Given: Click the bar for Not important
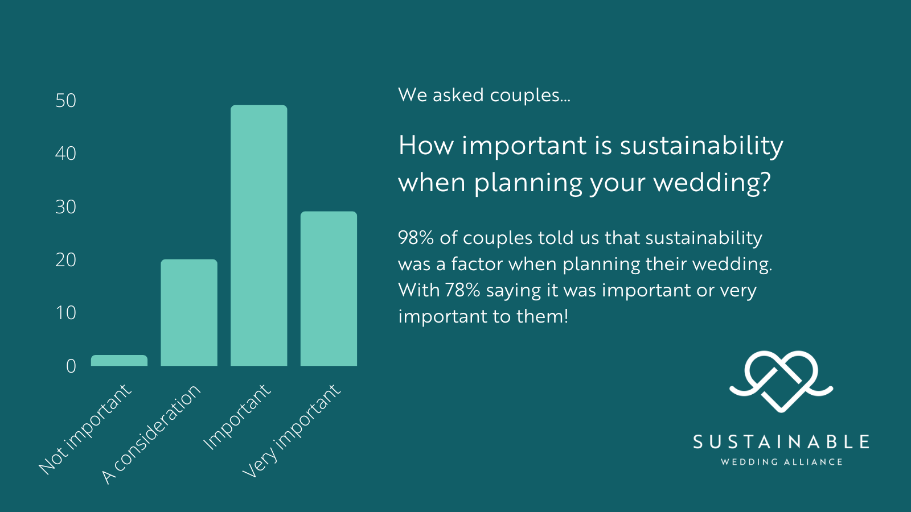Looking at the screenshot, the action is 119,361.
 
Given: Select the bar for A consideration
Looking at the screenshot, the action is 189,312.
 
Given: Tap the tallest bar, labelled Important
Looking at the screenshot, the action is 259,236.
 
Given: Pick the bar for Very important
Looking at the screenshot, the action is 329,288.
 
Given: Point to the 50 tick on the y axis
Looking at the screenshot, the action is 66,100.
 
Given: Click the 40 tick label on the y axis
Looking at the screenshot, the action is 66,154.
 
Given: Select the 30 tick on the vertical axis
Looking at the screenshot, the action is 66,207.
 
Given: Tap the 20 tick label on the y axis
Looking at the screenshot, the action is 66,259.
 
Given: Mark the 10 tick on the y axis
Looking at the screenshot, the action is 66,313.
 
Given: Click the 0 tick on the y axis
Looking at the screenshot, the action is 71,366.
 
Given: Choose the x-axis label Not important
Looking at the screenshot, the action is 85,429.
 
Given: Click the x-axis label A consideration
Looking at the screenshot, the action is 151,435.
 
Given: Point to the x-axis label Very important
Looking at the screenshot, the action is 291,431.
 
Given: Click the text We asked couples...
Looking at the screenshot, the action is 484,95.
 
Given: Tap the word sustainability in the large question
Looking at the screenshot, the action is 701,146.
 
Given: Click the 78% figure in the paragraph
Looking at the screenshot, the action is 463,290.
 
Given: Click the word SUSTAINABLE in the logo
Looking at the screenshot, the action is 781,441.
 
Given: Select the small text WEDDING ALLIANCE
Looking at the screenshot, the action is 781,462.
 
